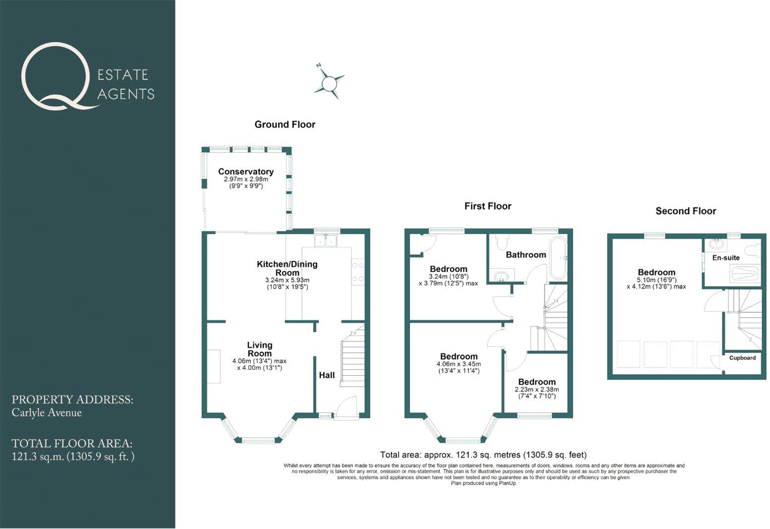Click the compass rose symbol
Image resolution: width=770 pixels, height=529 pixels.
(x=329, y=83)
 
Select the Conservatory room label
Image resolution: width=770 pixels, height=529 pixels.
(x=246, y=171)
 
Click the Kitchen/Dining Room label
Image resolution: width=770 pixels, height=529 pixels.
(x=287, y=268)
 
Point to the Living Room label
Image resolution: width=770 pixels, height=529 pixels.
(x=259, y=349)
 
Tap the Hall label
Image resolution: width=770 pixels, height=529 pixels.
(x=327, y=375)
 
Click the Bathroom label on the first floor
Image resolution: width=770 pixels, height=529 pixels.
(x=526, y=255)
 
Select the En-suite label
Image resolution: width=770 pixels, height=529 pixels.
(x=726, y=258)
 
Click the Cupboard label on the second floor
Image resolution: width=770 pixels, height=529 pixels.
(x=742, y=358)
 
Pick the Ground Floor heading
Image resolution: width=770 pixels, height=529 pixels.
(x=285, y=125)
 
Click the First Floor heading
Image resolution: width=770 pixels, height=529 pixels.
(x=488, y=206)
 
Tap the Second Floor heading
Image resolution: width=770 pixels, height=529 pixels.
(x=686, y=211)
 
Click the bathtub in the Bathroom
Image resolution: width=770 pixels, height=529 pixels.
(x=558, y=258)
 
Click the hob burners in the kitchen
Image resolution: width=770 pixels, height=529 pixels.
(x=358, y=272)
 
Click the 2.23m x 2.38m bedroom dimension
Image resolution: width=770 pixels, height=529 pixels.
(x=536, y=390)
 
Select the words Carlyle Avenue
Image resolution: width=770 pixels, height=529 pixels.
(x=47, y=412)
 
